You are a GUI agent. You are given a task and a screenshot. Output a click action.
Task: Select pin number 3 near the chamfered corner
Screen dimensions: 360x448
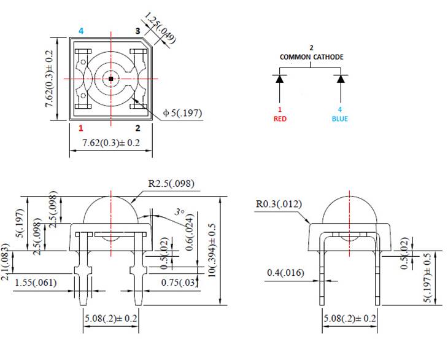point(137,31)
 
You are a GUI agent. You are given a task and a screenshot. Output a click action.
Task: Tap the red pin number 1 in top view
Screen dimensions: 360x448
point(80,128)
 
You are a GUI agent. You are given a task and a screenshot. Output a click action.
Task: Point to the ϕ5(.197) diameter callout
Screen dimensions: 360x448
point(182,113)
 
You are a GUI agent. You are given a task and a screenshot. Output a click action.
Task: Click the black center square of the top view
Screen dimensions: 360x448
point(110,79)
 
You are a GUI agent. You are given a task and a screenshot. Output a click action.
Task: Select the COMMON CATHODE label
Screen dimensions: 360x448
point(311,57)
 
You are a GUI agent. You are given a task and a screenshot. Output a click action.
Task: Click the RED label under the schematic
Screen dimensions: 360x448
point(280,119)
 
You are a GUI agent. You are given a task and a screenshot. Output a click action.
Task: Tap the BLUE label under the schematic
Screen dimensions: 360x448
point(339,119)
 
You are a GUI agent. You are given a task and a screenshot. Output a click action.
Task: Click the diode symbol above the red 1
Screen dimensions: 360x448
point(280,79)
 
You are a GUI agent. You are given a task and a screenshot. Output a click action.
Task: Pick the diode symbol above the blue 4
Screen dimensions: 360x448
point(339,79)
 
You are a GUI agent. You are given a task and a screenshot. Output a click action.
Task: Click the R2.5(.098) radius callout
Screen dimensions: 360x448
point(171,183)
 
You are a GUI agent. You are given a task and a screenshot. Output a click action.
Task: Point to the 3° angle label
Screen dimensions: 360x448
point(179,211)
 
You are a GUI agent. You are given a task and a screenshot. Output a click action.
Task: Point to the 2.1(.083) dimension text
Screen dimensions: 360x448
point(6,262)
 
